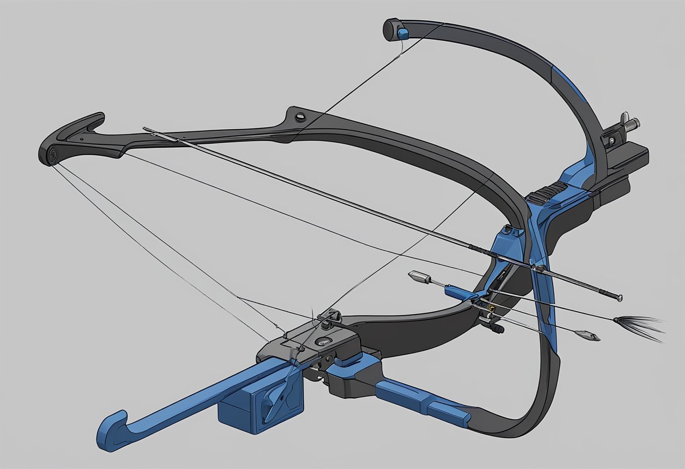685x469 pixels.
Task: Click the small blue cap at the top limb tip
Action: pyautogui.click(x=402, y=34)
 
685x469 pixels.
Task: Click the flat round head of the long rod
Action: pyautogui.click(x=619, y=297)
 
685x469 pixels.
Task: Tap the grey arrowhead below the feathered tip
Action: pyautogui.click(x=589, y=336)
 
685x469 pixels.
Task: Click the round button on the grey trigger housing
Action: pyautogui.click(x=324, y=341)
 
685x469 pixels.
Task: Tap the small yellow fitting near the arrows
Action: pyautogui.click(x=492, y=308)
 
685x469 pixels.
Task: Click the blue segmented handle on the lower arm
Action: pyautogui.click(x=422, y=401)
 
